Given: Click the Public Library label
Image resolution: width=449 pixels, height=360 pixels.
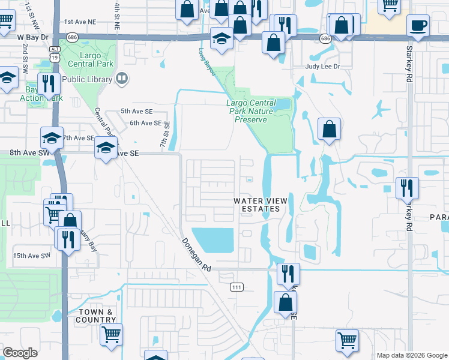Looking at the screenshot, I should pos(87,79).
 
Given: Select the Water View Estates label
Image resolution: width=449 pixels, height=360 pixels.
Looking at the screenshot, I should pos(257,205).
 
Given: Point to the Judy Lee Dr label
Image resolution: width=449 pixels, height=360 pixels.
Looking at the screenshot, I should pos(323,67).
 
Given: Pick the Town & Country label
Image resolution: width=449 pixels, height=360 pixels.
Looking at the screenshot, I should pos(95,316).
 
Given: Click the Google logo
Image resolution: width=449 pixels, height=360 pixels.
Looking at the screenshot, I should pos(20,353).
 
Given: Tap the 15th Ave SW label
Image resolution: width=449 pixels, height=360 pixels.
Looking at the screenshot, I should pos(31,256).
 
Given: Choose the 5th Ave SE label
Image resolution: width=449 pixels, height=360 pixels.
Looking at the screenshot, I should pos(137,111).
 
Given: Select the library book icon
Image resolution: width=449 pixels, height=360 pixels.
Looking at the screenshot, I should pos(122,79).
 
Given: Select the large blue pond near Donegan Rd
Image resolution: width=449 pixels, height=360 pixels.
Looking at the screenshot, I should pos(213,241).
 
